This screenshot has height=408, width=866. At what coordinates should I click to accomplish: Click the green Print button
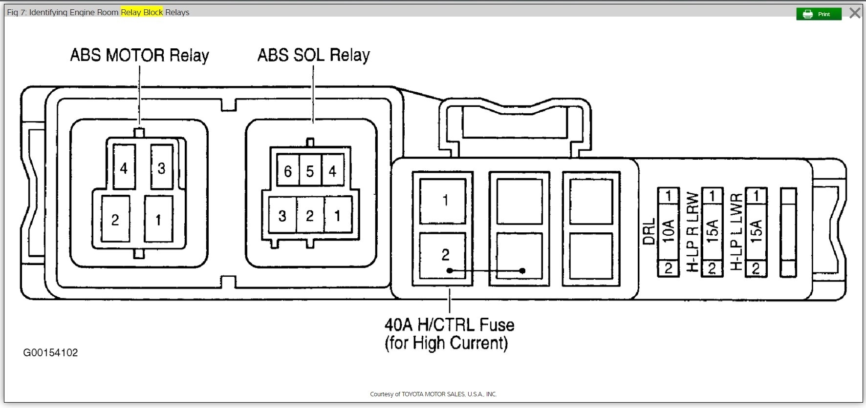[819, 14]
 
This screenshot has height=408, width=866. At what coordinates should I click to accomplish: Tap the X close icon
[855, 13]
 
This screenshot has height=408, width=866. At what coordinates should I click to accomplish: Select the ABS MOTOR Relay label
[139, 56]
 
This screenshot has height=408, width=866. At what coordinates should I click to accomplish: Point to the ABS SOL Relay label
[313, 56]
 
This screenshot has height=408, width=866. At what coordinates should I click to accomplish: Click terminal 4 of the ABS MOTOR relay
[124, 168]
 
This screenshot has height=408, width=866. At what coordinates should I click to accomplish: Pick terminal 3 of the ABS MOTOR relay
[161, 168]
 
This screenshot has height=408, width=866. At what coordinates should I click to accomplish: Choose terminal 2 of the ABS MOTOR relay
[115, 220]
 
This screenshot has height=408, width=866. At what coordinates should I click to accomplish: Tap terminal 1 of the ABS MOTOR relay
[158, 220]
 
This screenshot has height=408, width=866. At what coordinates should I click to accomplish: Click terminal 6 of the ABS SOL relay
[288, 171]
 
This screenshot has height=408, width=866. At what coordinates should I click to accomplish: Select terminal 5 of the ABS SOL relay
[310, 171]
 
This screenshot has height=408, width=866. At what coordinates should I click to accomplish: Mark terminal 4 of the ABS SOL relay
[332, 171]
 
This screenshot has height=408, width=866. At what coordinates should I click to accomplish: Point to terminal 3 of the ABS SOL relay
[282, 216]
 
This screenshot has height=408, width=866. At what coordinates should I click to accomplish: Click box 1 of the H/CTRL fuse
[445, 200]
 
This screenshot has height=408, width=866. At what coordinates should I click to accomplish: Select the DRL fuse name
[648, 232]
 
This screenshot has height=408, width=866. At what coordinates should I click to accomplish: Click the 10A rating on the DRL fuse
[668, 231]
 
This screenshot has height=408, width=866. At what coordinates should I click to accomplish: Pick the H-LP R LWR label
[693, 232]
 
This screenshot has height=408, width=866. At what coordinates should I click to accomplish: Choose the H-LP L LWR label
[736, 232]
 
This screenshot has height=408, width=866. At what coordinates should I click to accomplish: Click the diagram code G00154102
[50, 353]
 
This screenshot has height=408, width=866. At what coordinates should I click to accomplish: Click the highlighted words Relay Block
[142, 12]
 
